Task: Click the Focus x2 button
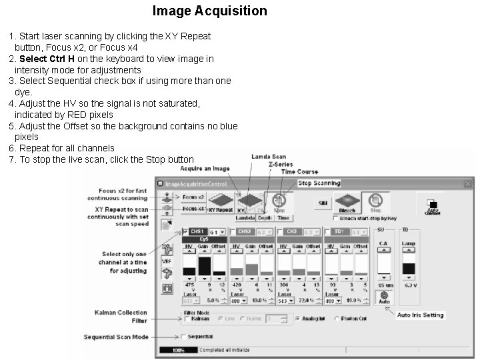[x=193, y=197]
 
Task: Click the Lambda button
[x=245, y=217]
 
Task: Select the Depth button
[x=264, y=217]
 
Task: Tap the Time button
[x=283, y=217]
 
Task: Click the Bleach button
[x=347, y=203]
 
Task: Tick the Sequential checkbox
[x=183, y=337]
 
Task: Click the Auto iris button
[x=384, y=297]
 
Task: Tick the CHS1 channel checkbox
[x=185, y=231]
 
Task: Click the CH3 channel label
[x=291, y=231]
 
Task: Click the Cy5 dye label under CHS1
[x=204, y=239]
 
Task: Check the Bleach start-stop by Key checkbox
[x=335, y=217]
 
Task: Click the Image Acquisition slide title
[x=209, y=11]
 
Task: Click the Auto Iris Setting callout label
[x=420, y=315]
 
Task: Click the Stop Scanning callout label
[x=319, y=183]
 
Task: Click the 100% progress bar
[x=177, y=349]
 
